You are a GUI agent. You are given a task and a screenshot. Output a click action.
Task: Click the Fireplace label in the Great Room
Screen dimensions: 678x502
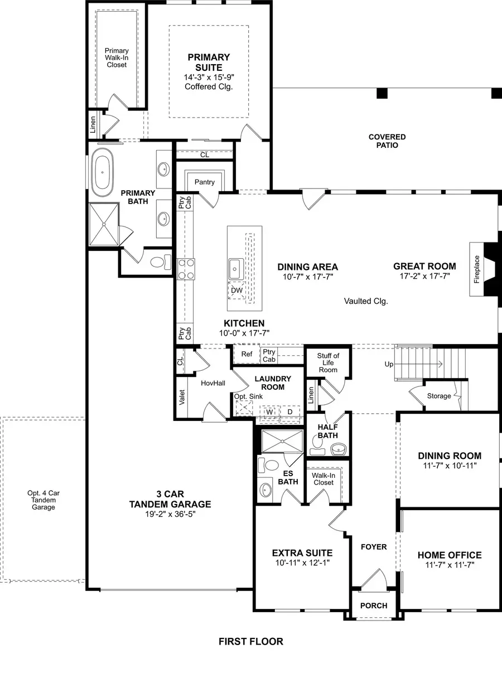[x=477, y=269]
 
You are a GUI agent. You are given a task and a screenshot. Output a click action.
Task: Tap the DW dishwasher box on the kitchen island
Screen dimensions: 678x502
[x=236, y=290]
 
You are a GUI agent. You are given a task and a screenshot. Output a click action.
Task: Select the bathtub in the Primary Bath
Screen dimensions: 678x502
[x=102, y=172]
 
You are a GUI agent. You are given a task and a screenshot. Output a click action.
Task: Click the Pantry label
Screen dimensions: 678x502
[x=205, y=182]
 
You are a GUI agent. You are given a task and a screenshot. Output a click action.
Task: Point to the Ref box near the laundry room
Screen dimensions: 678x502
[x=247, y=354]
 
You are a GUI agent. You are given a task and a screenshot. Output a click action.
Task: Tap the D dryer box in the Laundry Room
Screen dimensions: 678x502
[x=289, y=411]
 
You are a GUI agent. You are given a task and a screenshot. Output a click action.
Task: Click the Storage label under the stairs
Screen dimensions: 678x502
[x=439, y=396]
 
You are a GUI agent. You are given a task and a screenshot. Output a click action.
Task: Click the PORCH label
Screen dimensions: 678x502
[x=374, y=606]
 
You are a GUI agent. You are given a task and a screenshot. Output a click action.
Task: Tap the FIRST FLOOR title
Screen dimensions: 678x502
[x=251, y=642]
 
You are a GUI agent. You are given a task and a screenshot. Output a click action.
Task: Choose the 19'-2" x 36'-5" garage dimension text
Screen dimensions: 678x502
[x=168, y=514]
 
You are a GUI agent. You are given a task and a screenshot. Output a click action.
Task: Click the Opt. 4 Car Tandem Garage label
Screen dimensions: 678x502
[x=43, y=500]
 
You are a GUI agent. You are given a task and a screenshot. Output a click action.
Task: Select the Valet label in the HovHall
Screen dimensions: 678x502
[x=182, y=395]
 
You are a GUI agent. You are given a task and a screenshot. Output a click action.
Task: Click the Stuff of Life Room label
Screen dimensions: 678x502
[x=328, y=362]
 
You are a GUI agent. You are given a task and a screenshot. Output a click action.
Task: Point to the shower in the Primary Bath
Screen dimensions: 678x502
[x=104, y=224]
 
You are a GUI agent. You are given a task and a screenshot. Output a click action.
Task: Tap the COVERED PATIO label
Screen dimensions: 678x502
[x=387, y=141]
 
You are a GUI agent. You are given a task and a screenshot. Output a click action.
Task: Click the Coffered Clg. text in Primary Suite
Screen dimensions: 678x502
[x=209, y=86]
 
